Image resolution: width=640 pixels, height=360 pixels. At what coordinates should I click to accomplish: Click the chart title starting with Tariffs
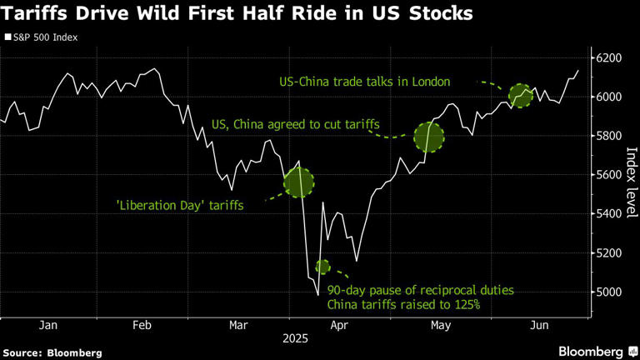(x=237, y=14)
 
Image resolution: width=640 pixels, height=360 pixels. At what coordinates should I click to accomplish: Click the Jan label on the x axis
(x=47, y=325)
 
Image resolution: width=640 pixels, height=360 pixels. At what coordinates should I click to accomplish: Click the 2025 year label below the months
(x=295, y=339)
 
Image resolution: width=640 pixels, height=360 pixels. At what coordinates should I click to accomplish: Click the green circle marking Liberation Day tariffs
(x=299, y=182)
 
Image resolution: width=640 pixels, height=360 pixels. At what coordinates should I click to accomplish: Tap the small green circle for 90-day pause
(x=322, y=267)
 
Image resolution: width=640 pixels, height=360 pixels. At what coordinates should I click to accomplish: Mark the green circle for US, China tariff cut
(x=429, y=136)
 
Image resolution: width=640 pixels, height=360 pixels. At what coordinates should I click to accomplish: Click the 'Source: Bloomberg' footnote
(x=52, y=352)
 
